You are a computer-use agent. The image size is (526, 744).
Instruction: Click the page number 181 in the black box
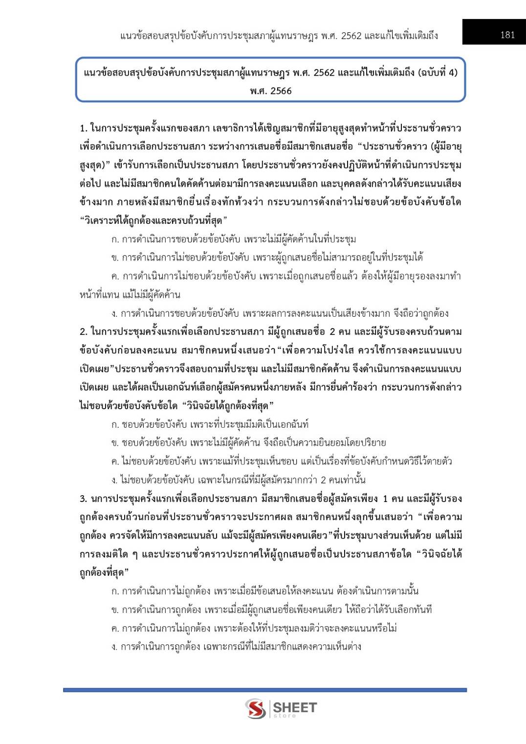click(507, 35)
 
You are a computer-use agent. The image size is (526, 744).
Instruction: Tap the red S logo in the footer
click(256, 708)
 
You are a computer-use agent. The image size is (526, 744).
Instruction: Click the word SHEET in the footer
click(294, 707)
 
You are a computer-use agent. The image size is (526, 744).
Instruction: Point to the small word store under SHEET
click(285, 716)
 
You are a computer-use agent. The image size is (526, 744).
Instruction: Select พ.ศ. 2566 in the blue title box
click(270, 91)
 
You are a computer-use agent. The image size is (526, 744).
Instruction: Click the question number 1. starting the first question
click(84, 129)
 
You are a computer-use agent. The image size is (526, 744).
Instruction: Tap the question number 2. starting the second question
click(84, 332)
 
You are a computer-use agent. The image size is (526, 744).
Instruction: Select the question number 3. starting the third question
click(84, 499)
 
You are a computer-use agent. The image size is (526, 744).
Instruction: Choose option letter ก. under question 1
click(115, 240)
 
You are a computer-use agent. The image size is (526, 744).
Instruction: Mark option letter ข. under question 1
click(115, 258)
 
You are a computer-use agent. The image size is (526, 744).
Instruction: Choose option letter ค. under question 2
click(115, 461)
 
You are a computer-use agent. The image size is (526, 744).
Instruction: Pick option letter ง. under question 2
click(115, 480)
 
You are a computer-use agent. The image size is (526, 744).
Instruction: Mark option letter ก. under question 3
click(115, 591)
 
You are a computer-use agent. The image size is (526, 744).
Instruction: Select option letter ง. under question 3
click(115, 647)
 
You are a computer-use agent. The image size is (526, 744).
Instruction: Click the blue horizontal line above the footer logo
click(264, 690)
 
